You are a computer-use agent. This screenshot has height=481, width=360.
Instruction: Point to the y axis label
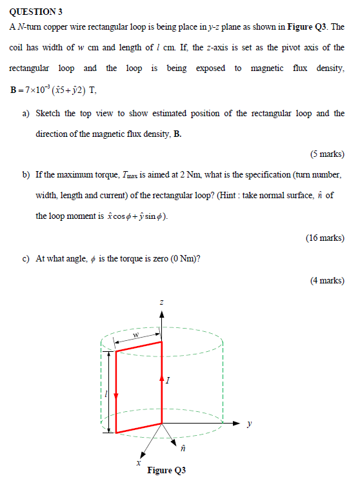[249, 424]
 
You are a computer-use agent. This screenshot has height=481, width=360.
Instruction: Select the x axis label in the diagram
[137, 462]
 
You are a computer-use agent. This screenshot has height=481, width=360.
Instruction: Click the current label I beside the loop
[168, 382]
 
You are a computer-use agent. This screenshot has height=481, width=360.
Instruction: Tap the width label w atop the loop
[136, 335]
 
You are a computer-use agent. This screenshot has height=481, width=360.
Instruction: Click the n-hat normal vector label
[183, 447]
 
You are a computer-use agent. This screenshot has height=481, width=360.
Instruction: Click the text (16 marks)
[325, 238]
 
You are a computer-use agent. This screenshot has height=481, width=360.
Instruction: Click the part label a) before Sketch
[26, 113]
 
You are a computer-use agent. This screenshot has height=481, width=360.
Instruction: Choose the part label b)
[26, 175]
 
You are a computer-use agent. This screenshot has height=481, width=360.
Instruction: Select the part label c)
[26, 258]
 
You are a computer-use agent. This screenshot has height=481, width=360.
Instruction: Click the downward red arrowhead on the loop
[115, 396]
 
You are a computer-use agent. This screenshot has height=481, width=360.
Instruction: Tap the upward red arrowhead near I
[161, 379]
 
